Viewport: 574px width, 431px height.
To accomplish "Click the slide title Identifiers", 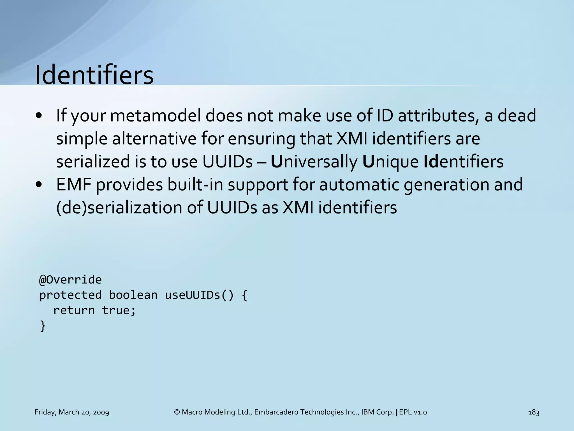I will click(94, 75).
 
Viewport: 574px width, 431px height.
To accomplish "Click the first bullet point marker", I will click(39, 116).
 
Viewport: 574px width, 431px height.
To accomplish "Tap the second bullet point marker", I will click(39, 185).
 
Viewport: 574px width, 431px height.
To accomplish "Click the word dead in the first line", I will click(517, 116).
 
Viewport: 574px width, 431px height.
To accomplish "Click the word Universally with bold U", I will click(314, 162).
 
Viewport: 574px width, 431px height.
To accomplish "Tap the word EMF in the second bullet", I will click(73, 185).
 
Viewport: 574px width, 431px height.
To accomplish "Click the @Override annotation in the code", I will click(70, 280).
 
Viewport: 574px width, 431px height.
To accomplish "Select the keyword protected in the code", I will click(70, 295).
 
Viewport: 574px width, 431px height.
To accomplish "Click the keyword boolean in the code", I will click(133, 295).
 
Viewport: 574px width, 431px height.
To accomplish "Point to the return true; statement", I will click(94, 311).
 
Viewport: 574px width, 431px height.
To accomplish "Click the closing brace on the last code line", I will click(43, 326).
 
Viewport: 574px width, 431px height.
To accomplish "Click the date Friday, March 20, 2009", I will click(72, 412).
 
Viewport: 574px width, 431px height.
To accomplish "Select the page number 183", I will click(534, 412).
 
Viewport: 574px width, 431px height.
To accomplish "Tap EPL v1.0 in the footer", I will click(413, 412).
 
